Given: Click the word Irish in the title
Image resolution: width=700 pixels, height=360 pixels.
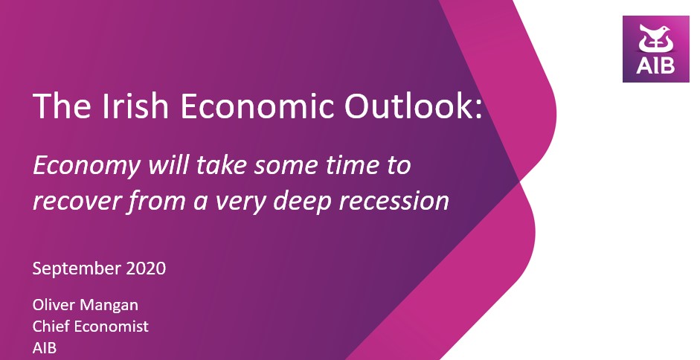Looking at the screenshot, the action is (135, 106).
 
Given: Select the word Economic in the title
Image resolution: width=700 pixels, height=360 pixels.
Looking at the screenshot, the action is (257, 106).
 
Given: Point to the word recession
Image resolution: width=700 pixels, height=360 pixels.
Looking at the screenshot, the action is (394, 201).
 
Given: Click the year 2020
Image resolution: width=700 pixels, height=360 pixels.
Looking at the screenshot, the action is (146, 269).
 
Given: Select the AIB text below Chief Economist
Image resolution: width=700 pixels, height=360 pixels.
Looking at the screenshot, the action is (45, 348).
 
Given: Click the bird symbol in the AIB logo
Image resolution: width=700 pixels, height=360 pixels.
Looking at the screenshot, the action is (655, 39).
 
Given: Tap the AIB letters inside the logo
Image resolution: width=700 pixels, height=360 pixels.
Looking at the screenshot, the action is (655, 65).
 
